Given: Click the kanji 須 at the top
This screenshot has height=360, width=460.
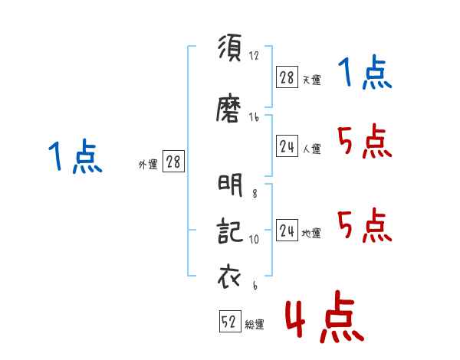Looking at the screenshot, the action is (x=230, y=47).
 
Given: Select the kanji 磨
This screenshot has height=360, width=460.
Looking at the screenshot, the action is (x=228, y=107).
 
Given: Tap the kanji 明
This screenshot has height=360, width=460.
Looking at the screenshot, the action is (x=230, y=185).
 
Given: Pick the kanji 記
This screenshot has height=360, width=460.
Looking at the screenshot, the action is (x=230, y=231).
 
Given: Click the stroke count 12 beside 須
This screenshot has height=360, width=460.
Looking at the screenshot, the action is (x=254, y=55).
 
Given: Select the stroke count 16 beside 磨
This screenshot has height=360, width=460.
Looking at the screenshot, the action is (x=254, y=117).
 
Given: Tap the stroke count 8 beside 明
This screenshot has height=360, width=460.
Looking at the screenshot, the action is (x=255, y=194).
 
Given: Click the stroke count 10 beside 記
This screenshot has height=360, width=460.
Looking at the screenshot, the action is (x=254, y=239).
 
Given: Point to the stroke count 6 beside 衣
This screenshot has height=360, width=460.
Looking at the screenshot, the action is (x=255, y=285).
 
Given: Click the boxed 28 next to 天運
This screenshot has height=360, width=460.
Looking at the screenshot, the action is (x=287, y=77).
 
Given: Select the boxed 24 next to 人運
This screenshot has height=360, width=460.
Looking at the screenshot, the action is (x=287, y=146).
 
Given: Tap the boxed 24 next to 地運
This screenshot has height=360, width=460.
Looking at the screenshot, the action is (x=287, y=230).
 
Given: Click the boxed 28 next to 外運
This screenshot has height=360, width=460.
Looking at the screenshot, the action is (x=173, y=162).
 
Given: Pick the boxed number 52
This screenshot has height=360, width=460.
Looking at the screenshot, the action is (x=230, y=321).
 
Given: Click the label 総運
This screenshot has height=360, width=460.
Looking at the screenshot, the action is (x=255, y=325).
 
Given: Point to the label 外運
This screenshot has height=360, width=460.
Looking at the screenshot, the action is (x=148, y=165).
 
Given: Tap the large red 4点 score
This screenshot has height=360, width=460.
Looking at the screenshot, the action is (x=325, y=316).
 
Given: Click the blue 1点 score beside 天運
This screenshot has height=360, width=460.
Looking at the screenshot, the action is (x=365, y=73).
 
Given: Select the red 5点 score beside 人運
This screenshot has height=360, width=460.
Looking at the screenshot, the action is (x=365, y=141).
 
